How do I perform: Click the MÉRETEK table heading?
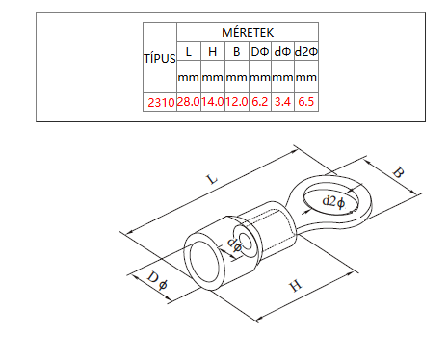pos(248,33)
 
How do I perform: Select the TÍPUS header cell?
pos(160,59)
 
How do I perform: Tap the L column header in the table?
pos(189,52)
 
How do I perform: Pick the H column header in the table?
pos(213,52)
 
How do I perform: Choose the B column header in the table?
pos(237,52)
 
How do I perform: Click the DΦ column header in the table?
pos(260,52)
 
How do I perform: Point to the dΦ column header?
pos(282,52)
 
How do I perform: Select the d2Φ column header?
pos(306,52)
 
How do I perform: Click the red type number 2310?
pos(161,103)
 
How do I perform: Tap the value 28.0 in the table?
pos(189,102)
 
